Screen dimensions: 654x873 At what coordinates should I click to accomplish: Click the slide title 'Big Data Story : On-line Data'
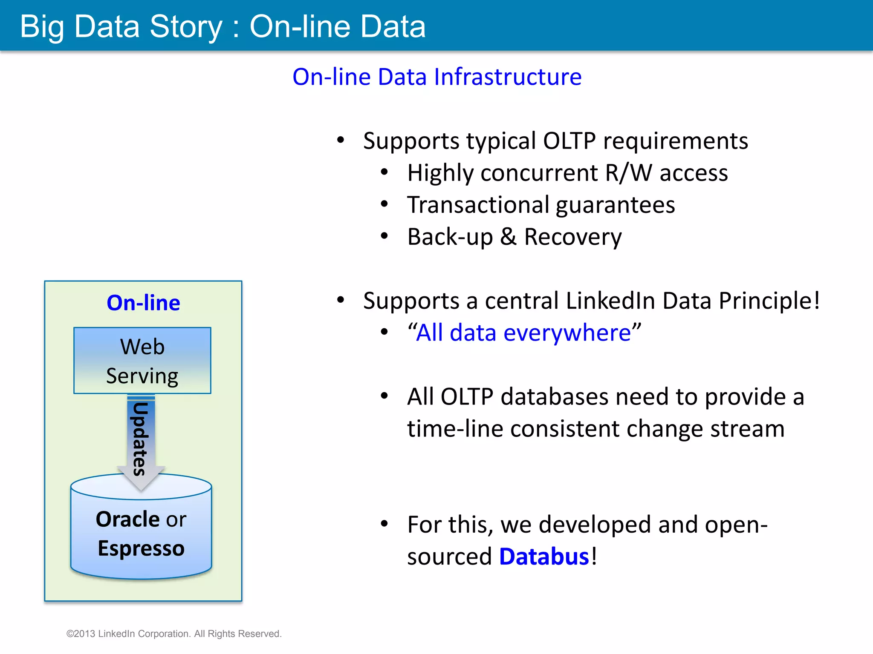coord(223,27)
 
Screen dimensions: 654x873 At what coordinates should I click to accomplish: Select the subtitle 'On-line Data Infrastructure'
coord(437,77)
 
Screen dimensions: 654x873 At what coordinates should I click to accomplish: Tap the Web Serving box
coord(142,361)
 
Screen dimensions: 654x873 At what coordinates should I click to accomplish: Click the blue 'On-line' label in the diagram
coord(143,303)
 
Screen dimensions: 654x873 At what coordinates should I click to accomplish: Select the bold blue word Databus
coord(544,556)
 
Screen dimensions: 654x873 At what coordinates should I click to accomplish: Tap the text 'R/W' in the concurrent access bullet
coord(628,173)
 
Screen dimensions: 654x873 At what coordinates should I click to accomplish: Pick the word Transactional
coord(478,205)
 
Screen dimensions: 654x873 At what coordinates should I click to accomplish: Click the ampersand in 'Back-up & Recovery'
coord(508,237)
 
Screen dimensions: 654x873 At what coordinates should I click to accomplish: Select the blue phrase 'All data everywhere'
coord(524,333)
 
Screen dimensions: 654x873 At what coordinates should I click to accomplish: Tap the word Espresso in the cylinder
coord(141,548)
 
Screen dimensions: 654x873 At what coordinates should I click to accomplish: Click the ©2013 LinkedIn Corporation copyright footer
coord(174,634)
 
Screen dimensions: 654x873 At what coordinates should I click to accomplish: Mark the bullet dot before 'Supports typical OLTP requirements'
coord(340,140)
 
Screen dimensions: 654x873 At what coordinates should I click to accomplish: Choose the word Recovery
coord(572,237)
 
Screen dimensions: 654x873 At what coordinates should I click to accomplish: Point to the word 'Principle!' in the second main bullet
coord(769,301)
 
